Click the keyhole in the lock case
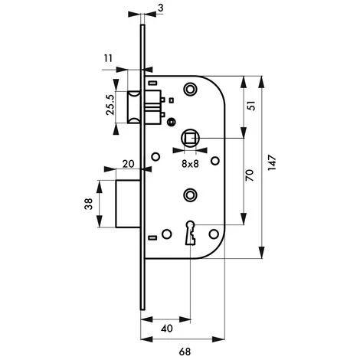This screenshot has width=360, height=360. point(189,232)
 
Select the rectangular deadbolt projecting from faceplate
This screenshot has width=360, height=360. point(127,204)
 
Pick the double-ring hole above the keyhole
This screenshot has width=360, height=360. point(189,195)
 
